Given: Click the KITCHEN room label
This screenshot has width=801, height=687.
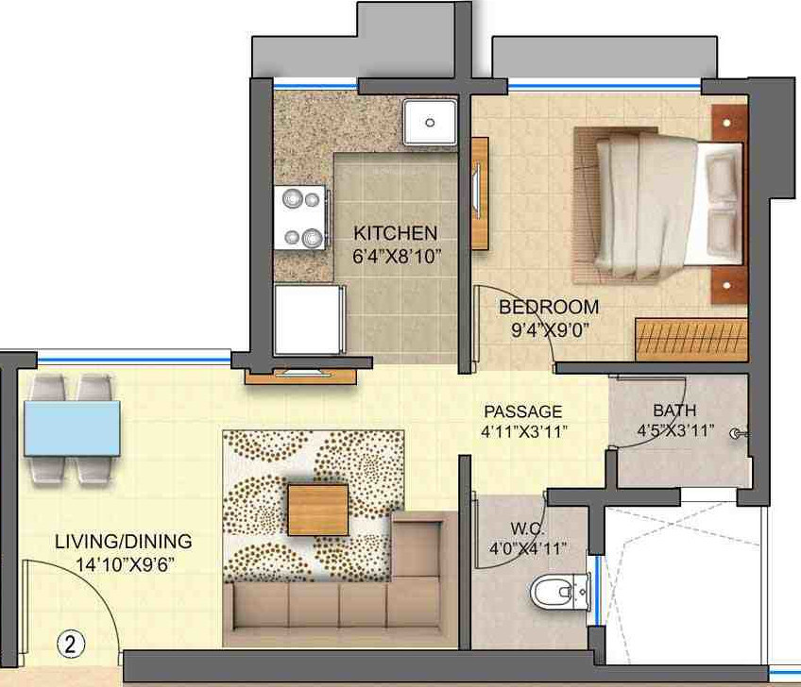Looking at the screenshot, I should [x=395, y=232].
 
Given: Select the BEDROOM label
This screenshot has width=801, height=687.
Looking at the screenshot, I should [x=549, y=307].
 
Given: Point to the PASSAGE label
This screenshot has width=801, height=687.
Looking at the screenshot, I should [x=522, y=411].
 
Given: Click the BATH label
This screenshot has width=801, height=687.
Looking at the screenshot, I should [x=674, y=411].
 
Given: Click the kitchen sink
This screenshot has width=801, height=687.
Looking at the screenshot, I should [x=430, y=122].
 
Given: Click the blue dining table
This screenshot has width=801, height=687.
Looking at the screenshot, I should [x=73, y=427].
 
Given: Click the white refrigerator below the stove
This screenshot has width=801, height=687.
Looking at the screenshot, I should [x=307, y=319].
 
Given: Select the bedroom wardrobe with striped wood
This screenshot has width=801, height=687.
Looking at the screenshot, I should [x=690, y=339].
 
